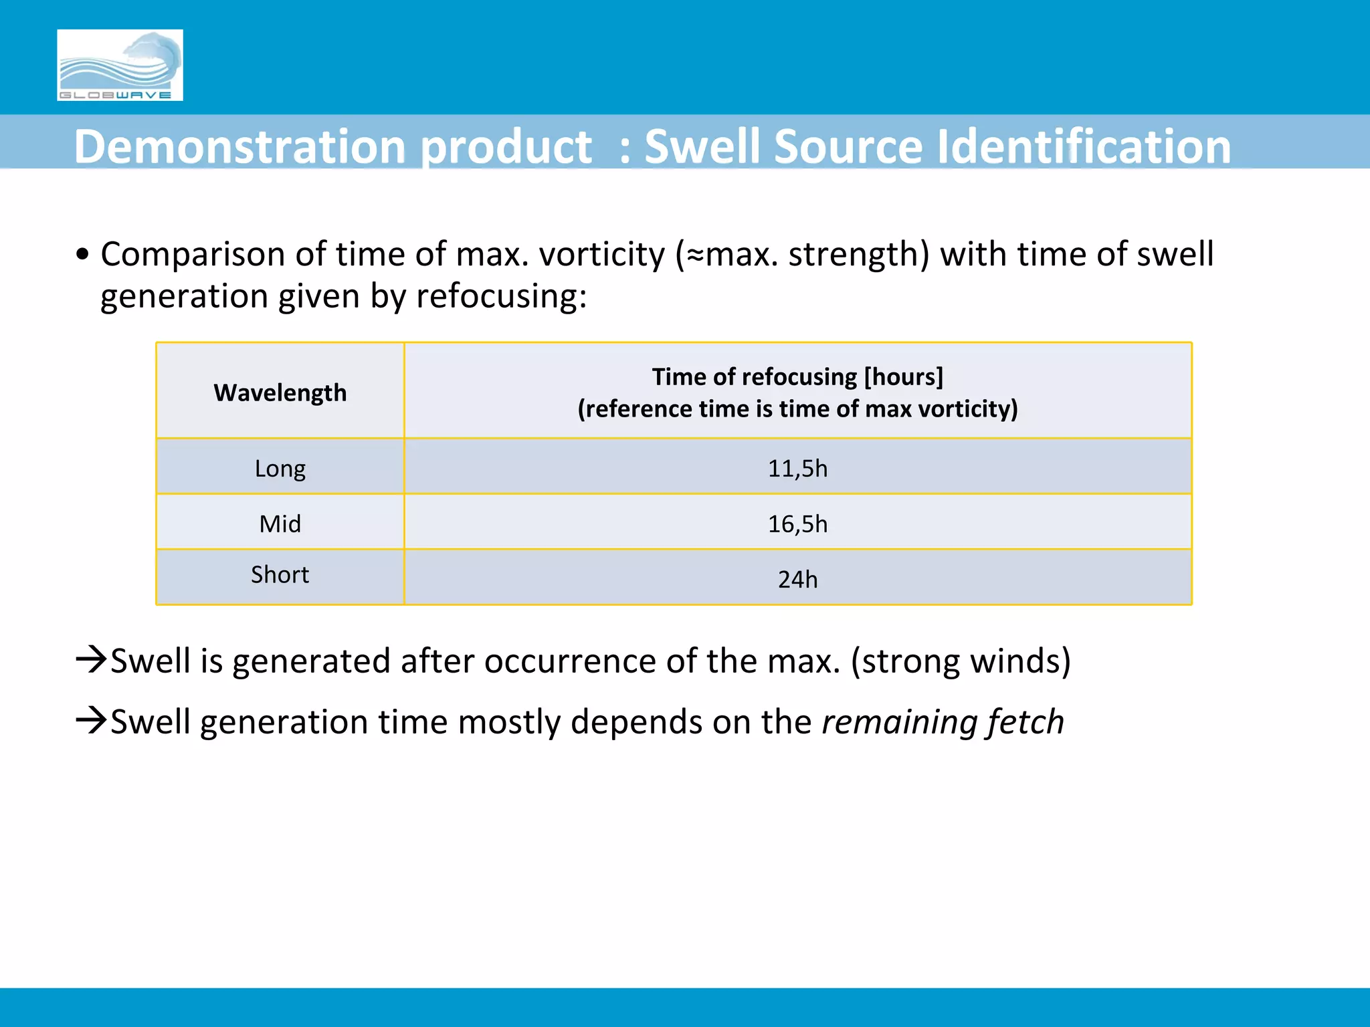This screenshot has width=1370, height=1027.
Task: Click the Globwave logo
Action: click(x=120, y=65)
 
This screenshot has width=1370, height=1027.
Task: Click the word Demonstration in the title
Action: click(x=240, y=146)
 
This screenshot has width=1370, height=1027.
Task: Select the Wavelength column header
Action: click(x=280, y=392)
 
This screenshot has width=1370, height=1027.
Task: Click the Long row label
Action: click(x=280, y=468)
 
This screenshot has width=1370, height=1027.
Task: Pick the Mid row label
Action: click(x=280, y=524)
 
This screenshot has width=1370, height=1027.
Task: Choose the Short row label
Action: click(x=280, y=574)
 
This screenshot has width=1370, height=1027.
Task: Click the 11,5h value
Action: click(x=797, y=468)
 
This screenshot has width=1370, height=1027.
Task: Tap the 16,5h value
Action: click(x=797, y=524)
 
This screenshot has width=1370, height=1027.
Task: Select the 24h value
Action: click(x=797, y=579)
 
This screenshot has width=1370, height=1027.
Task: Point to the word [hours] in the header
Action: click(x=903, y=377)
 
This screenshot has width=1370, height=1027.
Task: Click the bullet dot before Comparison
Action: click(x=82, y=255)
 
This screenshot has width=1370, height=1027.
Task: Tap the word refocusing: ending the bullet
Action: click(x=502, y=296)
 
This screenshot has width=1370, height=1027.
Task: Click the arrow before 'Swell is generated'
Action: click(x=92, y=659)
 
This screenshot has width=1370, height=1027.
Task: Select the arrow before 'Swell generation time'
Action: click(x=92, y=720)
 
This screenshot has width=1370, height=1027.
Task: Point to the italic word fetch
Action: click(x=1025, y=722)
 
